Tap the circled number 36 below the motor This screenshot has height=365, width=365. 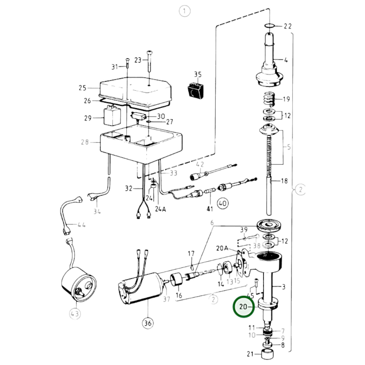point(148,323)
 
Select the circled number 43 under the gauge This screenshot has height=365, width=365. point(75,314)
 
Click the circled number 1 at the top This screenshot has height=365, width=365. point(184,11)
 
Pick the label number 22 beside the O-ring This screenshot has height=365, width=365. point(287,26)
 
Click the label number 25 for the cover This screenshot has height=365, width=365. point(82,88)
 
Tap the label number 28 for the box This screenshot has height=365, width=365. point(85,142)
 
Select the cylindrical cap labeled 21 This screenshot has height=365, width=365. point(268,354)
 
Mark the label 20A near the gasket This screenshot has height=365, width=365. point(222,248)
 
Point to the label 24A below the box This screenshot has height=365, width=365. point(160,209)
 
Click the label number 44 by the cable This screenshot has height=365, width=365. point(81,225)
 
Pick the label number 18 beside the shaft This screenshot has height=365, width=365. point(284,181)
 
